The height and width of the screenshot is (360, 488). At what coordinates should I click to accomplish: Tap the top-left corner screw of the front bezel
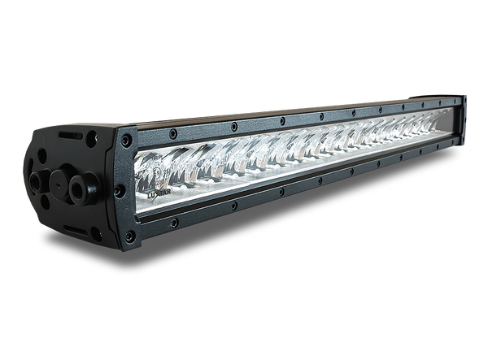pos(122,132)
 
